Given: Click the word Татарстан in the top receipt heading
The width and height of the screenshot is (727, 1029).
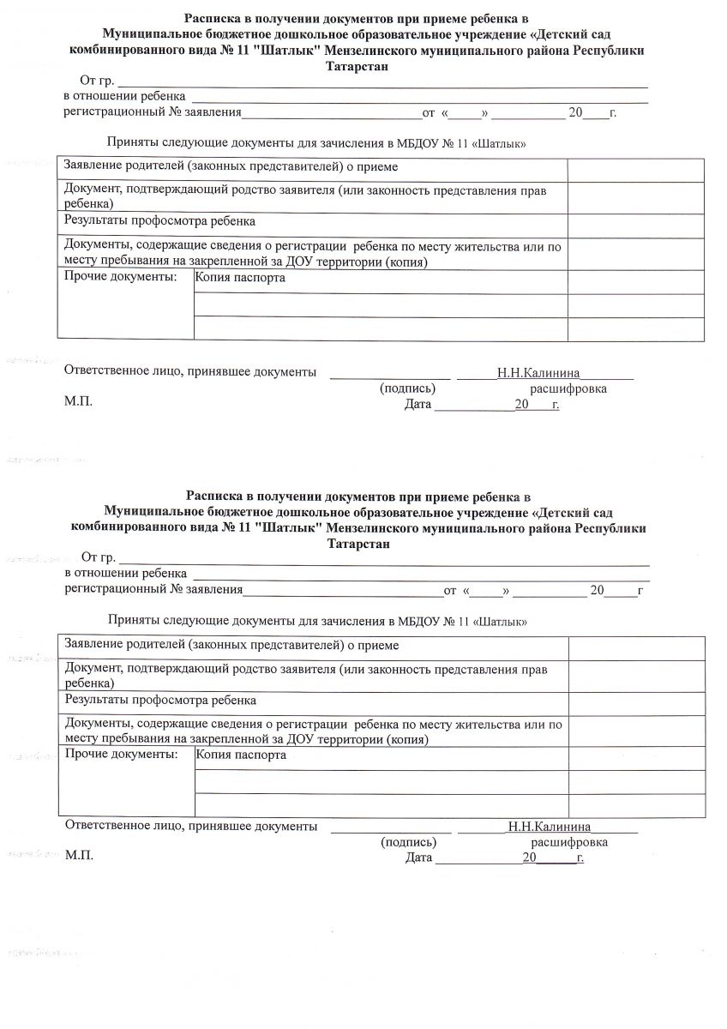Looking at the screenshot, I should (x=356, y=67).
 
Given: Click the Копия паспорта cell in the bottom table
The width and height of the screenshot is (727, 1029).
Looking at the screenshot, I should (x=241, y=757).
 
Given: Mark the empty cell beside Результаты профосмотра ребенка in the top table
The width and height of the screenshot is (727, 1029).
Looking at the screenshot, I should (x=635, y=225).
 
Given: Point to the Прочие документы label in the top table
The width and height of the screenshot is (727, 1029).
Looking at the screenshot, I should (x=120, y=278).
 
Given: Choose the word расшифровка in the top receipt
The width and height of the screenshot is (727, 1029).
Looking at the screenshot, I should (x=568, y=389).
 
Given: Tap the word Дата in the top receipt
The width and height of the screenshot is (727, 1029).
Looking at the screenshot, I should (x=418, y=404).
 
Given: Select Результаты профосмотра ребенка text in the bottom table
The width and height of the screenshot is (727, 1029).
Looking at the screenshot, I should (x=161, y=701).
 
